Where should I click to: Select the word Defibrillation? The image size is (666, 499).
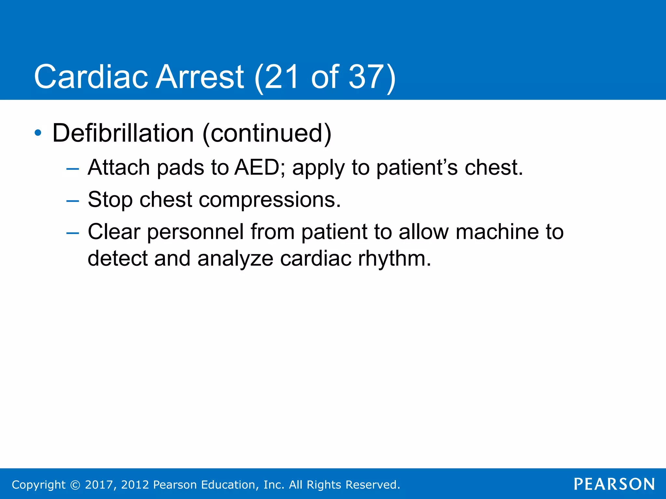coord(123,133)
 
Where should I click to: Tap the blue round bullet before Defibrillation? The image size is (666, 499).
coord(38,133)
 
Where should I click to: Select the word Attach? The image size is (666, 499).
coord(119,167)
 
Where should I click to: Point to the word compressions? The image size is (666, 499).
coord(270,200)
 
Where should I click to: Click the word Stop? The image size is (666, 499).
coord(110,200)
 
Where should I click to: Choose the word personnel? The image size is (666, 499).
coord(195,232)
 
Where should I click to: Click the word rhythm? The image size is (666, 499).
coord(394,259)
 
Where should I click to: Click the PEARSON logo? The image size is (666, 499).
coord(614,484)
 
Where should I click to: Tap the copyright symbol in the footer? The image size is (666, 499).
coord(75,485)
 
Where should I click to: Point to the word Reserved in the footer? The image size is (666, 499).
coord(372,485)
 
